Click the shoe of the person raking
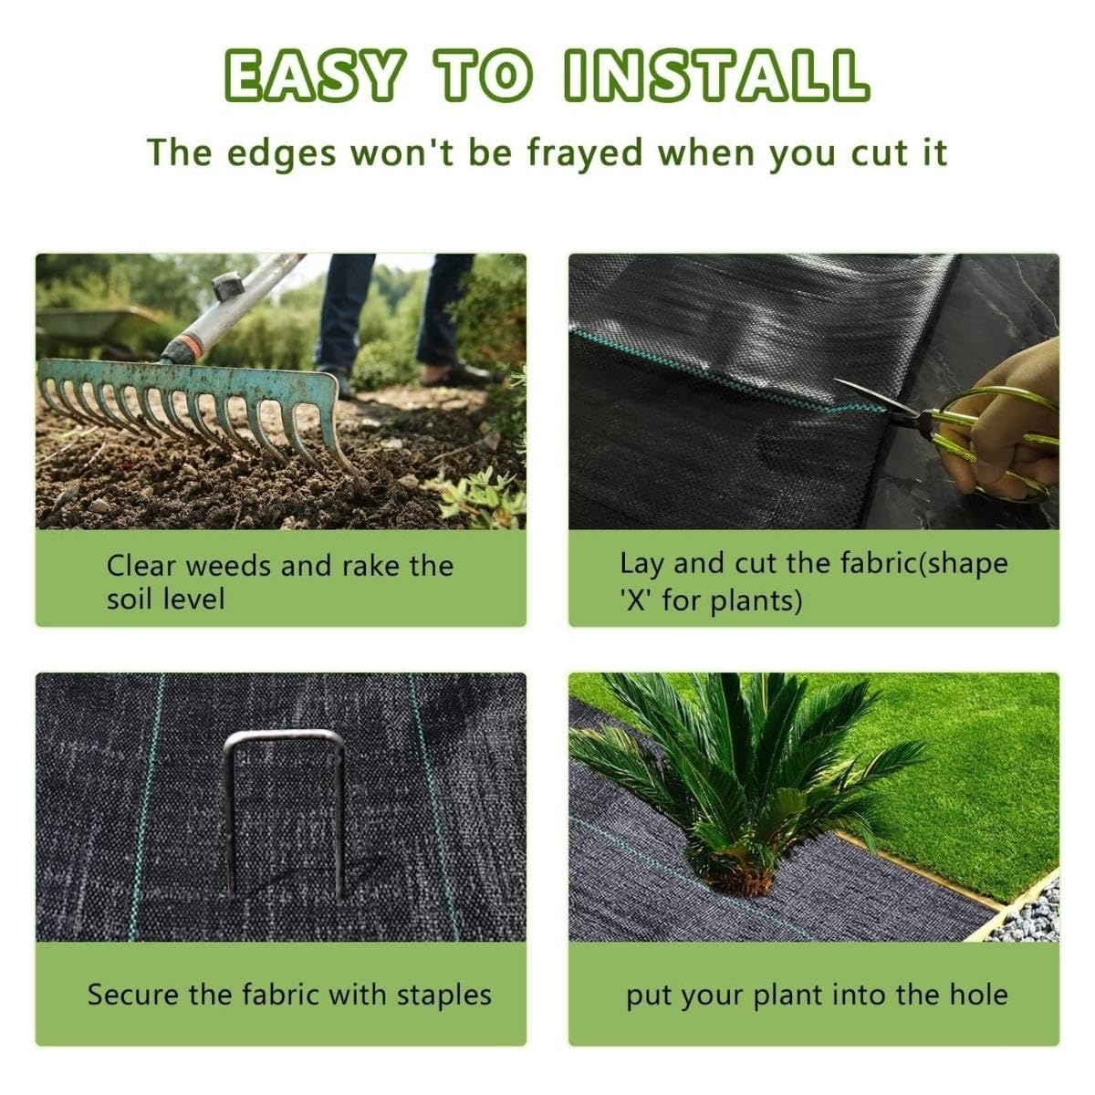coord(461,373)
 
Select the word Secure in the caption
coord(133,995)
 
